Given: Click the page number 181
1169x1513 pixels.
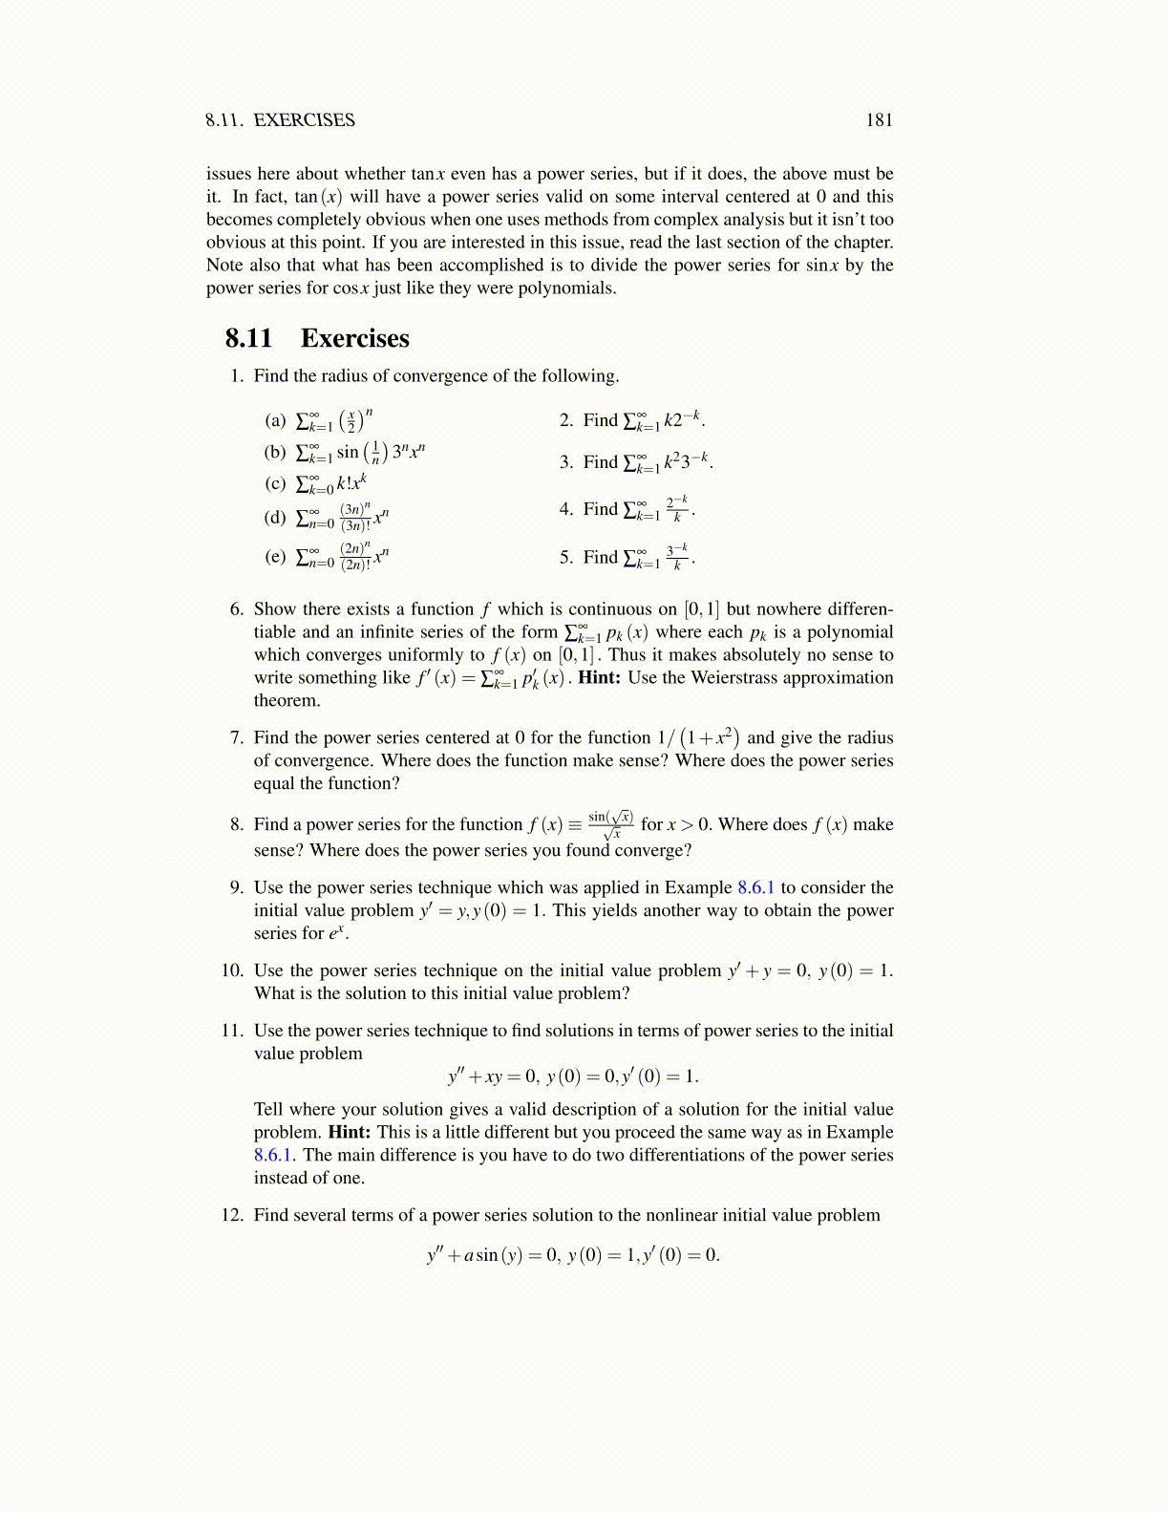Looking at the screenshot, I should (x=879, y=119).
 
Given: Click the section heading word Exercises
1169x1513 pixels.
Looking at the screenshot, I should (x=354, y=338).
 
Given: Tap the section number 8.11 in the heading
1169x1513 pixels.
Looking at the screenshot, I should (x=248, y=338).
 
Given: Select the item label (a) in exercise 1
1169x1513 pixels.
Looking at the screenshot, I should (x=275, y=420).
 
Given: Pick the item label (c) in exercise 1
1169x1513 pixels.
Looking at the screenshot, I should (x=275, y=483).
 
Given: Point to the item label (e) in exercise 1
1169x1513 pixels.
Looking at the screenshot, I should (x=275, y=556).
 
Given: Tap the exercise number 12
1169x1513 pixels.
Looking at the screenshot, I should (x=232, y=1215).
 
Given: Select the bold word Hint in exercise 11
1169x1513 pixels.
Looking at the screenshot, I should (x=349, y=1132).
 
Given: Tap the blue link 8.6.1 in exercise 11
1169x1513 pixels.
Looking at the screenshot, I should (x=275, y=1155).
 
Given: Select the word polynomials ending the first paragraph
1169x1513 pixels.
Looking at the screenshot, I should (x=566, y=288).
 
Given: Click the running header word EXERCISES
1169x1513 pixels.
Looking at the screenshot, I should (x=304, y=119).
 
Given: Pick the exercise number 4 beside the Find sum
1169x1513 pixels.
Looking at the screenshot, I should (x=565, y=509).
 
